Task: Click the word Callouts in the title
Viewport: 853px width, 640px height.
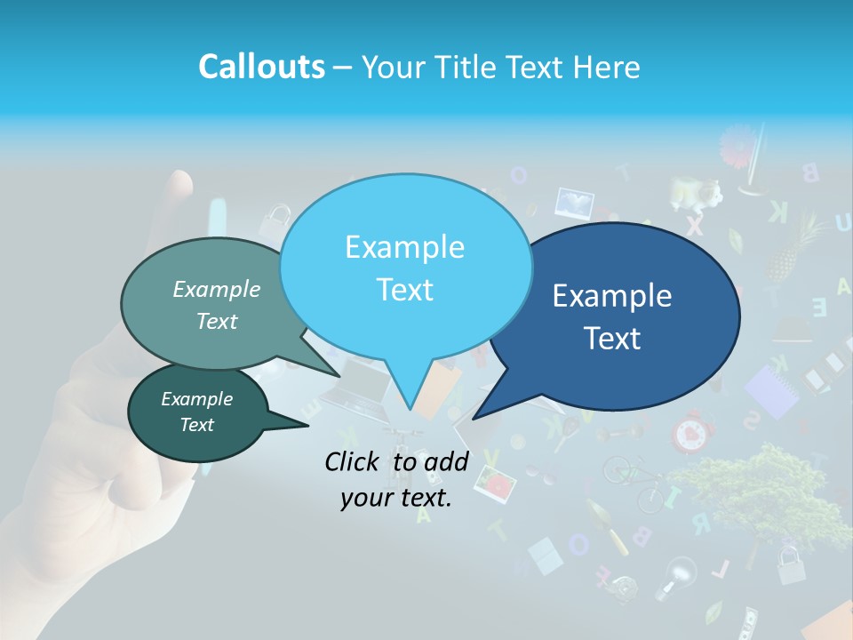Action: pyautogui.click(x=261, y=68)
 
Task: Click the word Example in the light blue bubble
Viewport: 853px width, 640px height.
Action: pyautogui.click(x=404, y=247)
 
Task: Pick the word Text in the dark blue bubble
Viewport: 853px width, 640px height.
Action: pyautogui.click(x=613, y=339)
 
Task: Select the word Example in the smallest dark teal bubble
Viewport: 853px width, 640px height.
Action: pyautogui.click(x=196, y=399)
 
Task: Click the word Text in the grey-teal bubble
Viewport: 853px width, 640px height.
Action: pyautogui.click(x=217, y=322)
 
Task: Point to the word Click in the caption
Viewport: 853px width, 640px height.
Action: pyautogui.click(x=353, y=461)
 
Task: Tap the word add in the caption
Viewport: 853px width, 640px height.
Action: pyautogui.click(x=445, y=461)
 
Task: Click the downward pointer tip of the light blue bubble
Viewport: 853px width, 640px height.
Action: pyautogui.click(x=410, y=410)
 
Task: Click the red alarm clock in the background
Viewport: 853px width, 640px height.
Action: pyautogui.click(x=691, y=433)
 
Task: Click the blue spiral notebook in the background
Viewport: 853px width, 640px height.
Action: pyautogui.click(x=770, y=392)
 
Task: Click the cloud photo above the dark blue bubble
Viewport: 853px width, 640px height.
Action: pyautogui.click(x=574, y=204)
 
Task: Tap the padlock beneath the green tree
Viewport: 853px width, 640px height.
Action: pyautogui.click(x=789, y=562)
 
